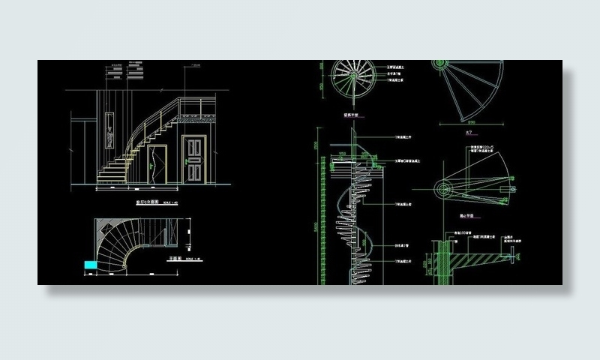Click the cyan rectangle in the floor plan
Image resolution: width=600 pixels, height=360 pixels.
pyautogui.click(x=90, y=265)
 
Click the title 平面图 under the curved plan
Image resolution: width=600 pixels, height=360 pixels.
pyautogui.click(x=176, y=258)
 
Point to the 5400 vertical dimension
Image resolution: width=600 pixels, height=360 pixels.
pyautogui.click(x=314, y=225)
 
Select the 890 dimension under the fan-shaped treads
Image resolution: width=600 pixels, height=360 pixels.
pyautogui.click(x=472, y=121)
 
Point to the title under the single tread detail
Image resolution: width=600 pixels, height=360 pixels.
pyautogui.click(x=469, y=216)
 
